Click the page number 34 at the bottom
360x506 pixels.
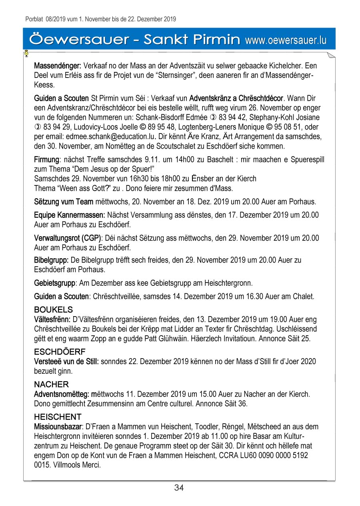point(179,488)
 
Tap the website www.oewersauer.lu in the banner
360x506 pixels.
point(286,40)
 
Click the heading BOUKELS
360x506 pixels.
point(54,310)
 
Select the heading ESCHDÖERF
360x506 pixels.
point(60,352)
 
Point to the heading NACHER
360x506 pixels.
point(51,384)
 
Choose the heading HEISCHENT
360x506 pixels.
point(58,417)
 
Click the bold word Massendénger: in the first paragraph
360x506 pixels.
point(58,66)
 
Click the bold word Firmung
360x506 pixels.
point(46,160)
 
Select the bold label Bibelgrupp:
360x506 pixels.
point(51,260)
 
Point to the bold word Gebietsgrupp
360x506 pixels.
point(55,283)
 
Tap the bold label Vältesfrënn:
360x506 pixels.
point(52,319)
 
